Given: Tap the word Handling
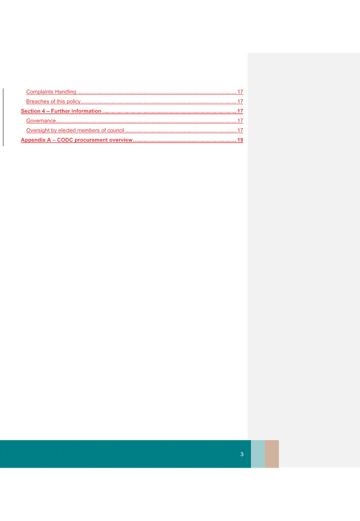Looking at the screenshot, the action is pos(65,91).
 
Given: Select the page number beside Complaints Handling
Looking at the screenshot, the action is pos(240,91).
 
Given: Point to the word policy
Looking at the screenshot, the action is pos(73,102).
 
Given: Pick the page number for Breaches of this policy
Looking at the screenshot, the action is pos(240,102).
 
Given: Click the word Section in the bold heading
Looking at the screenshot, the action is pos(31,111).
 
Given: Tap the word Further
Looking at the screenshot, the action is pos(60,111).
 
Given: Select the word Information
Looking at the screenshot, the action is pos(87,111).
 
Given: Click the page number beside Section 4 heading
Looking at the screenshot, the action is pos(240,111).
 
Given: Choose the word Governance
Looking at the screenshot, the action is pos(41,120).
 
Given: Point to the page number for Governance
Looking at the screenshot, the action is pos(240,120).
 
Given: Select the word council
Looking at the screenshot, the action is pos(116,131).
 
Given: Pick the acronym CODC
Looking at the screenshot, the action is pos(65,140).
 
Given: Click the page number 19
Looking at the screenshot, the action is pos(240,140).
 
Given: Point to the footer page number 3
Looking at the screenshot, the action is pos(242,454).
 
